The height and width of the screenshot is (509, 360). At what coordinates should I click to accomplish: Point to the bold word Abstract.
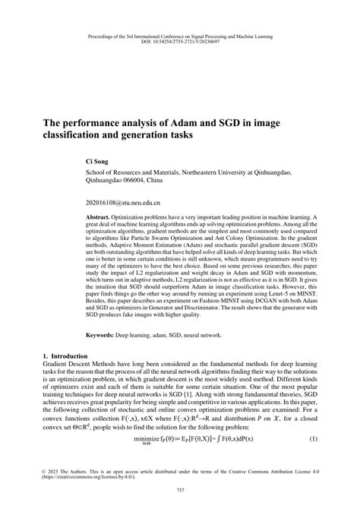100,217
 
